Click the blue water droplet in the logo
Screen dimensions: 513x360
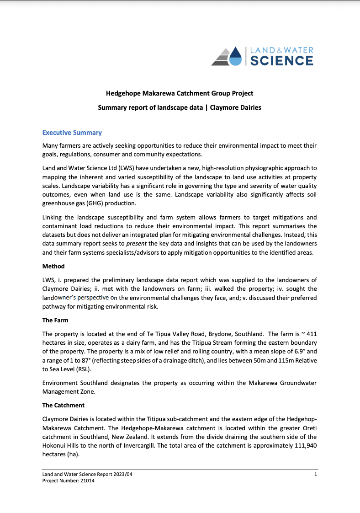[235, 57]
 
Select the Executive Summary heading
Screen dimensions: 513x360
[72, 133]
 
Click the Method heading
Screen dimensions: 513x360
[53, 266]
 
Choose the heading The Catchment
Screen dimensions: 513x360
[63, 405]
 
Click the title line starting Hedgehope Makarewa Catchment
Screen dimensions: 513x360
[180, 93]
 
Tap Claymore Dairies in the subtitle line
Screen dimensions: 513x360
[235, 108]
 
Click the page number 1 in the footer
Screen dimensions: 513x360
[316, 475]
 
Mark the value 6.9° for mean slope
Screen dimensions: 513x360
[294, 351]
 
